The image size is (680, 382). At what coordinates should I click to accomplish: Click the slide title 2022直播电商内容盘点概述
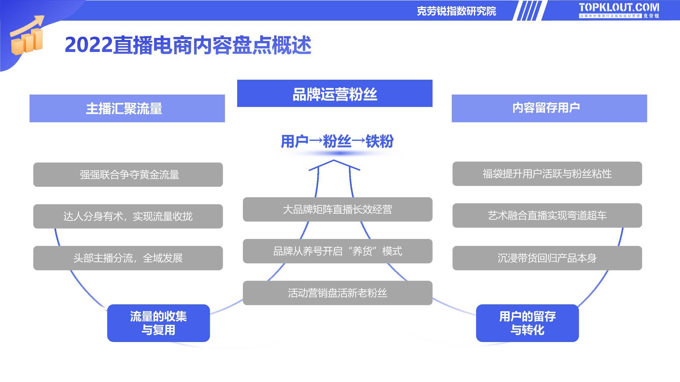click(188, 45)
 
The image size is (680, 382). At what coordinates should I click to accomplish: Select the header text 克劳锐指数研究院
click(456, 11)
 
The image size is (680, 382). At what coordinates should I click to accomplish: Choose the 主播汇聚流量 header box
click(127, 108)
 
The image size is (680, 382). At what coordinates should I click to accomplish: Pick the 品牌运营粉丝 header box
click(335, 93)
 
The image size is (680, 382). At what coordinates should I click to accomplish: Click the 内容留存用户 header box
click(549, 108)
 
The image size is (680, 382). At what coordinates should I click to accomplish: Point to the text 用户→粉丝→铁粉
click(337, 141)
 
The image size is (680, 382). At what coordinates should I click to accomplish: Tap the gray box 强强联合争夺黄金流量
click(128, 174)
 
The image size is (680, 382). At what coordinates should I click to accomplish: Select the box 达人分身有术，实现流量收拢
click(128, 216)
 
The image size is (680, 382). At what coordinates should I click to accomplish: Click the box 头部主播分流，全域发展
click(128, 258)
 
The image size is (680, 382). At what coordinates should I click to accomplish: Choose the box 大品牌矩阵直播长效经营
click(338, 209)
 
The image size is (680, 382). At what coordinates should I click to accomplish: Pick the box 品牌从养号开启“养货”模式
click(338, 251)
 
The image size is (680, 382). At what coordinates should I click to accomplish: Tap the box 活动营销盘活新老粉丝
click(338, 293)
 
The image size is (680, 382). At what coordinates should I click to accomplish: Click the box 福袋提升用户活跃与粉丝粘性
click(547, 174)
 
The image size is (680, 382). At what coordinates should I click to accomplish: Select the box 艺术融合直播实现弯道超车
click(547, 215)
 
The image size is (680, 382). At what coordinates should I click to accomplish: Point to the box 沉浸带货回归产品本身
click(547, 258)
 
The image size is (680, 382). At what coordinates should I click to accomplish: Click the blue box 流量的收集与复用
click(158, 323)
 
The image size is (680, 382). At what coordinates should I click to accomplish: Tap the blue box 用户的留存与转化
click(527, 323)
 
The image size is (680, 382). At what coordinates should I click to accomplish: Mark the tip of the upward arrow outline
click(334, 160)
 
